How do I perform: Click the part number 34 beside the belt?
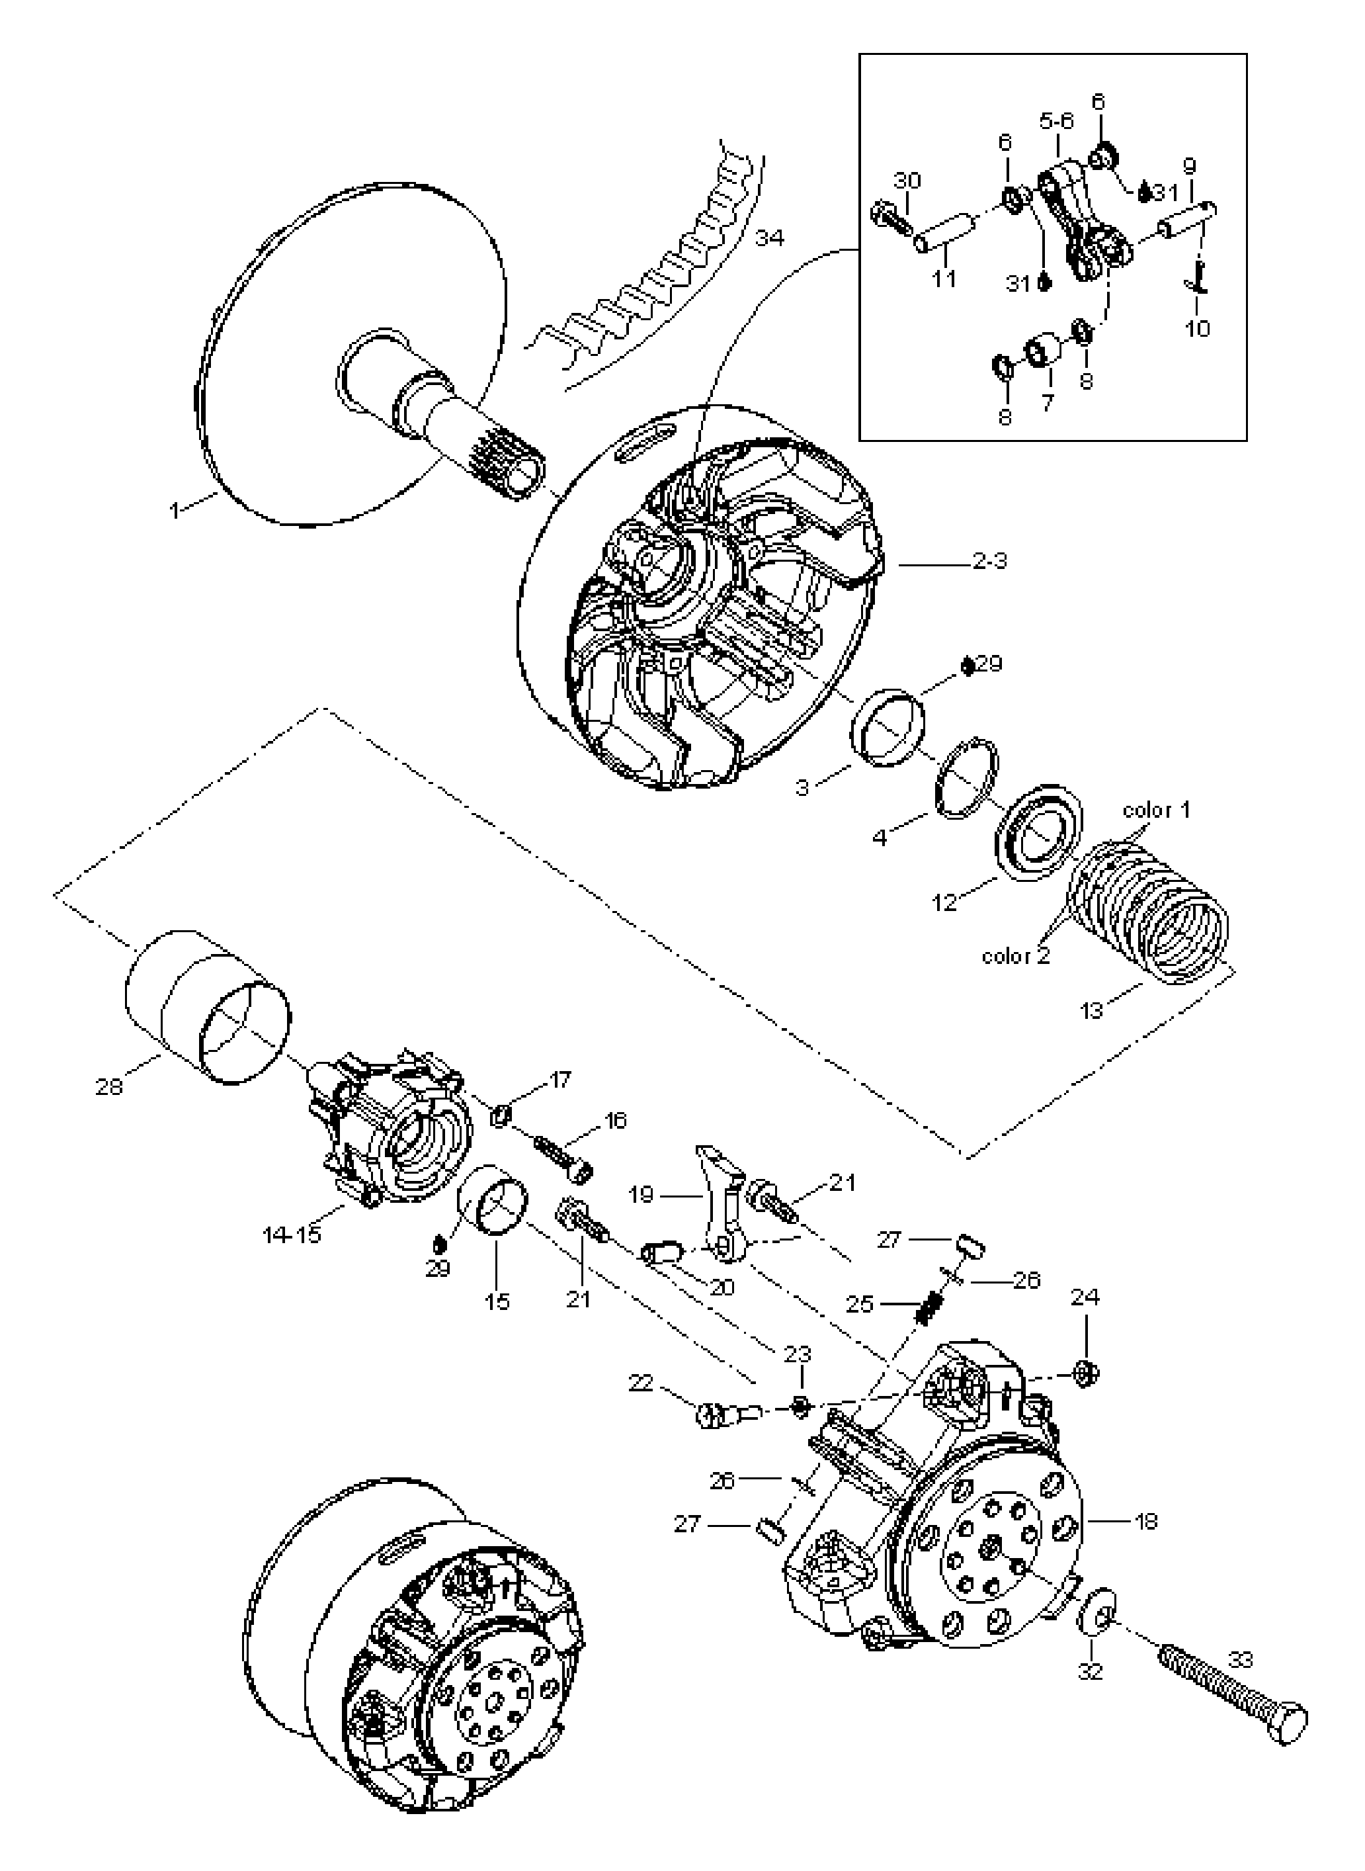click(x=769, y=239)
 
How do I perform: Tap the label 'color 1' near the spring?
click(x=1156, y=810)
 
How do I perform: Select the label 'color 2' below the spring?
click(x=1016, y=957)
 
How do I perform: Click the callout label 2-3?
click(x=989, y=562)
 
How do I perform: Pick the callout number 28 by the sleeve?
click(x=108, y=1087)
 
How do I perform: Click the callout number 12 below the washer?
click(x=944, y=902)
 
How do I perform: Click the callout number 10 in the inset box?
click(x=1196, y=328)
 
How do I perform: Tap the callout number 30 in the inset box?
click(x=907, y=180)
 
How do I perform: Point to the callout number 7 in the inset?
click(x=1048, y=405)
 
